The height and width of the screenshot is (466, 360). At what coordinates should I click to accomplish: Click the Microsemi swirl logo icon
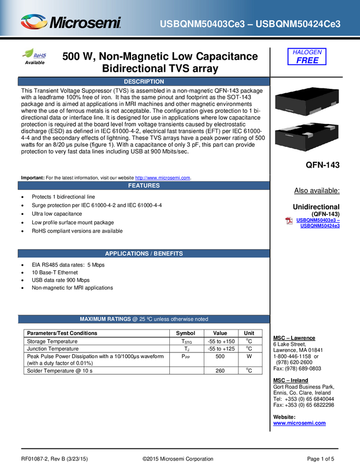click(33, 22)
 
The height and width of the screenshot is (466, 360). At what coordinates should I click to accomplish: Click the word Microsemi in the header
click(85, 23)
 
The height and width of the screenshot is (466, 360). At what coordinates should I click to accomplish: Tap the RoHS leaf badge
click(34, 54)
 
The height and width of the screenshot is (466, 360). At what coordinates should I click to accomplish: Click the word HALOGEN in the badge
click(307, 52)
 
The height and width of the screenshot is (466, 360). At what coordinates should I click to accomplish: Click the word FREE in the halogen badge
click(307, 60)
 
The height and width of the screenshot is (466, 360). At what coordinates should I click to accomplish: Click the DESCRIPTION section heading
click(144, 82)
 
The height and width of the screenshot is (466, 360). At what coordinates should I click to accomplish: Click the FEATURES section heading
click(144, 185)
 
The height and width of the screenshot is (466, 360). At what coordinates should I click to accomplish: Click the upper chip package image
click(306, 102)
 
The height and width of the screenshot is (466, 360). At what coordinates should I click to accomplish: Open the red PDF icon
click(289, 220)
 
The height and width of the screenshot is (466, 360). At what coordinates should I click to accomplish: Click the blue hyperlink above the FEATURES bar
click(162, 177)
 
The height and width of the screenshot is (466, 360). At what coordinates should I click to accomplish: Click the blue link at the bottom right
click(299, 423)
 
